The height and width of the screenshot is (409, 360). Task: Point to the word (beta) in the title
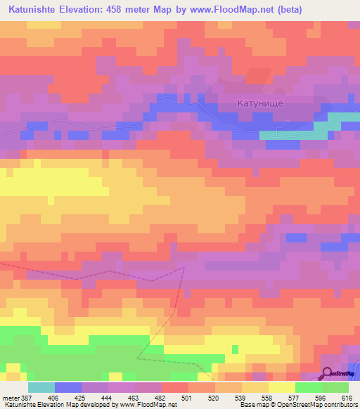328,11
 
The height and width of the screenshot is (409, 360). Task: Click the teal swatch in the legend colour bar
41,387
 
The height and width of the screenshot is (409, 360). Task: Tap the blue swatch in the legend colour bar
68,387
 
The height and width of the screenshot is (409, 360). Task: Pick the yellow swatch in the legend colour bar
282,387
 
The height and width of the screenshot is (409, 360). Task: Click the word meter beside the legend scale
10,397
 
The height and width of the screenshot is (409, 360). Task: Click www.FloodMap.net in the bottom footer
148,405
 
